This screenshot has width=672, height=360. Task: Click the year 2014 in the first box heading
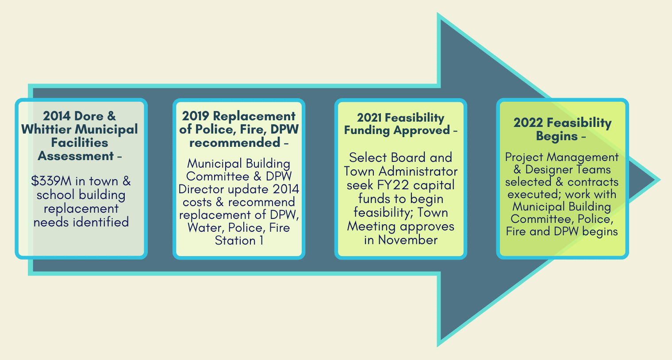click(57, 116)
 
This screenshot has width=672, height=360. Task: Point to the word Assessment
click(76, 156)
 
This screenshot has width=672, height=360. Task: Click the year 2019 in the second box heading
click(196, 116)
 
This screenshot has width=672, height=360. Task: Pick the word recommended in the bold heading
click(234, 143)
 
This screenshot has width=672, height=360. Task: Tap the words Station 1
click(239, 241)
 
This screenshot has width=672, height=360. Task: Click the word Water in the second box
click(205, 228)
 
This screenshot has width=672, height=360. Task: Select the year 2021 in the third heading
click(369, 118)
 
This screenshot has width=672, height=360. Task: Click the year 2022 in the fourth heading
click(528, 123)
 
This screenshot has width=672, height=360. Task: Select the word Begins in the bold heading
click(557, 136)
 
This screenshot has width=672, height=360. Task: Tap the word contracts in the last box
click(593, 182)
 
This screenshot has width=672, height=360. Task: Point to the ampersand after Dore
click(111, 116)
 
